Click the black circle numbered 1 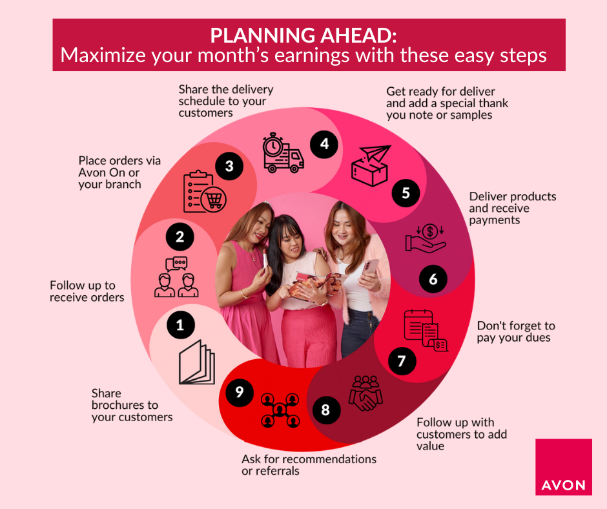(x=181, y=325)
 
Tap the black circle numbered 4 (x=324, y=144)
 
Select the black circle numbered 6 (x=433, y=278)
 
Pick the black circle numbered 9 (x=240, y=392)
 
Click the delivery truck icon (x=283, y=153)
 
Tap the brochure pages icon (x=197, y=362)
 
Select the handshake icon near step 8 (x=365, y=393)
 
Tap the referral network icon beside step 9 (x=280, y=410)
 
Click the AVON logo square (x=564, y=467)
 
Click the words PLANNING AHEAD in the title (x=303, y=36)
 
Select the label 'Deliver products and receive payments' (x=513, y=208)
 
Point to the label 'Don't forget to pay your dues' (x=516, y=331)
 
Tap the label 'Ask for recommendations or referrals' (x=309, y=465)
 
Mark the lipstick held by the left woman (x=265, y=258)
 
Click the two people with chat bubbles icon (x=176, y=276)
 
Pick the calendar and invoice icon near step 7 (x=426, y=331)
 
